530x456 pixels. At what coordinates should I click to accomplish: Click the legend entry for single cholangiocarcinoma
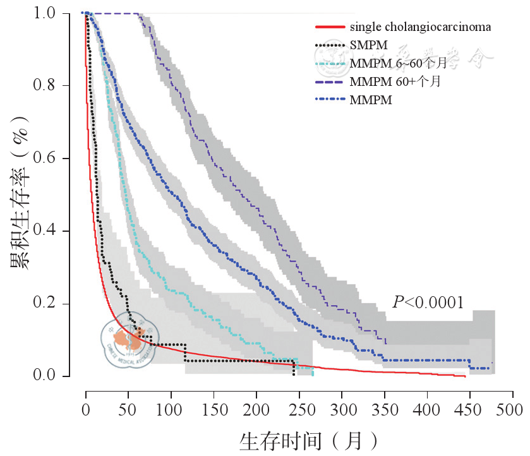[x=420, y=28]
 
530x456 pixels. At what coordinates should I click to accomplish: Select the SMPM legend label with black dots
[x=368, y=45]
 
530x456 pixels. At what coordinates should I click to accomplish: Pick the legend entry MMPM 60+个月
[x=395, y=82]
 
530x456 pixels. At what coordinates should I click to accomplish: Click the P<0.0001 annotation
[x=428, y=302]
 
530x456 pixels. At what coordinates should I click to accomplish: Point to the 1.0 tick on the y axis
[x=49, y=13]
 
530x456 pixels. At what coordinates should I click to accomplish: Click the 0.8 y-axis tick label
[x=49, y=86]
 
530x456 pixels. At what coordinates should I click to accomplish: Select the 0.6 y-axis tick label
[x=49, y=159]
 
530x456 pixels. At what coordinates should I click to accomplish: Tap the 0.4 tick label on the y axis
[x=49, y=231]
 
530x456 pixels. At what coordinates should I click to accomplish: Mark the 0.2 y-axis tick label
[x=49, y=304]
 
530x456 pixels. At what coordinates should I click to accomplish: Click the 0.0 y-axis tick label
[x=49, y=376]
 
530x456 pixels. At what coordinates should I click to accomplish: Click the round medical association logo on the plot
[x=129, y=342]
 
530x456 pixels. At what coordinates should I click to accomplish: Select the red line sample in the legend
[x=329, y=28]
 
